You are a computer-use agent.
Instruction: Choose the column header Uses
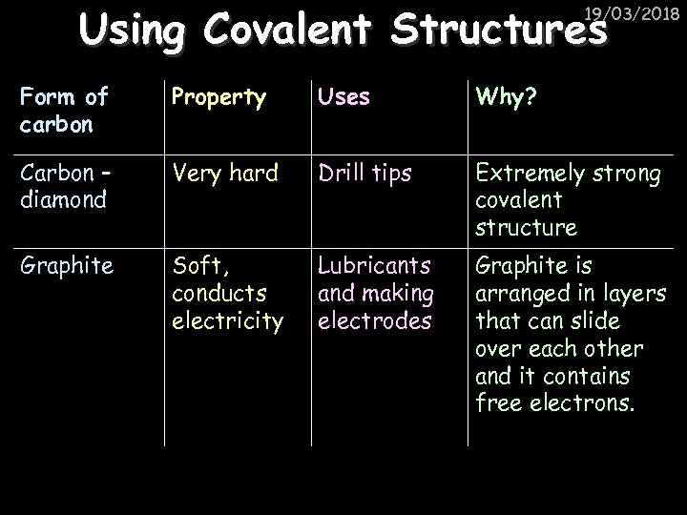click(343, 96)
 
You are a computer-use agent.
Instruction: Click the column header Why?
click(507, 96)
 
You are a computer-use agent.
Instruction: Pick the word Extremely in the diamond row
click(526, 175)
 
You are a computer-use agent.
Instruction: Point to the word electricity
click(227, 321)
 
